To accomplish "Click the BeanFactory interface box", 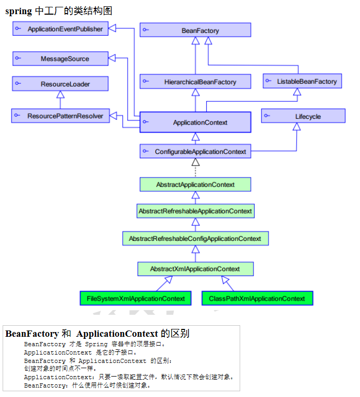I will tap(195, 30).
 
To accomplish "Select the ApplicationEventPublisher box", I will tap(60, 29).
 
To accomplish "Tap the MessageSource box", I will tap(60, 59).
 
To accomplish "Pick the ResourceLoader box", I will tap(60, 84).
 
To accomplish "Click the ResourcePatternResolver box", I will tap(60, 116).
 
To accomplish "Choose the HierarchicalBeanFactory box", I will tap(195, 82).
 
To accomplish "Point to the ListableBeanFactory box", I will tap(302, 81).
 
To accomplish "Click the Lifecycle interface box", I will tap(303, 116).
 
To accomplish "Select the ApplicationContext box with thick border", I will tap(196, 123).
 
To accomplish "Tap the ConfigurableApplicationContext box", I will tap(196, 151).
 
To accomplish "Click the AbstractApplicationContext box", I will tap(195, 184).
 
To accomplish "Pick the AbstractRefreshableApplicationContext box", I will tap(195, 211).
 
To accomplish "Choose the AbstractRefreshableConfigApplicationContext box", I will tap(195, 238).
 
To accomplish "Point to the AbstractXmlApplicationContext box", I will tap(195, 269).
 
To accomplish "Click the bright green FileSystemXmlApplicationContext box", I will tap(136, 299).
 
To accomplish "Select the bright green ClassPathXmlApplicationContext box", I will tap(257, 299).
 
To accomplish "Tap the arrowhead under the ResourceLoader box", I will tap(61, 95).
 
